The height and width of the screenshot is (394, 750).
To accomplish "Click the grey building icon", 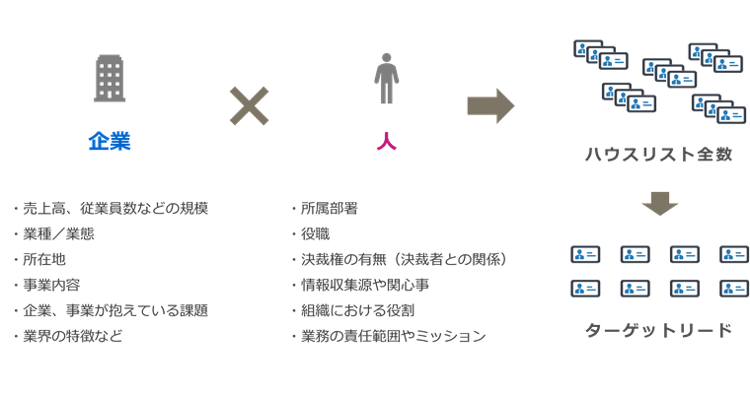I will (x=110, y=79).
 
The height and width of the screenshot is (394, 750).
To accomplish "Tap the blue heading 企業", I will (x=110, y=141).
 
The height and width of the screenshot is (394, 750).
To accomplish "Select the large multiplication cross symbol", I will (x=250, y=105).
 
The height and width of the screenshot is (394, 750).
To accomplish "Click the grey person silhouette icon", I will (x=387, y=79).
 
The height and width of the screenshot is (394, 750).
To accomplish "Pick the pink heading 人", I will (x=387, y=141).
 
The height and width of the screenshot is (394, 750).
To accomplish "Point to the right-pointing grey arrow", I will (x=490, y=105).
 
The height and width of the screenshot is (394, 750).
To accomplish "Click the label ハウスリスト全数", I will (x=658, y=156).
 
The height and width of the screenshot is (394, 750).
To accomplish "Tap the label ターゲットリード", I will (x=658, y=330).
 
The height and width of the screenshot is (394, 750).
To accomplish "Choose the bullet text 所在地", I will (x=44, y=260).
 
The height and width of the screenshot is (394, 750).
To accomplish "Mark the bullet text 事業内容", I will (x=51, y=286).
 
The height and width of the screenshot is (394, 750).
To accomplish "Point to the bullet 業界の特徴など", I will (x=72, y=337).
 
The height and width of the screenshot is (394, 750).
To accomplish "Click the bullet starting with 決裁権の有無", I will (x=404, y=260).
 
